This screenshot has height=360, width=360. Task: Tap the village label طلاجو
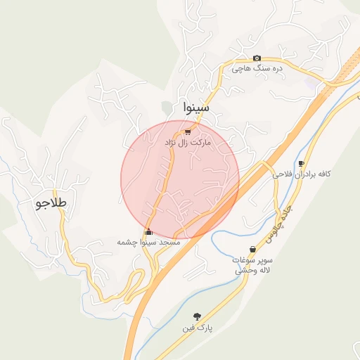coord(51,203)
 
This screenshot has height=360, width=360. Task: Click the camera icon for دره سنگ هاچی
coord(257,58)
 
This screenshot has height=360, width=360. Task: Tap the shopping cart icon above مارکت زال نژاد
coord(188,131)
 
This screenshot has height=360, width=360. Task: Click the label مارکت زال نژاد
coord(188,142)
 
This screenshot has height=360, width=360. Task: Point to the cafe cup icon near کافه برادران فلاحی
coord(302,163)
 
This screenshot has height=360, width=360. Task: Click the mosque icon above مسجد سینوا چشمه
coord(148,232)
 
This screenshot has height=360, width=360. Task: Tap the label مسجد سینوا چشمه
coord(149,242)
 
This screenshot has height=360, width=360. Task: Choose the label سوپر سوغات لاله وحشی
coord(254,264)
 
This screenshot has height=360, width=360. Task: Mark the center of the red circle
coord(180,179)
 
